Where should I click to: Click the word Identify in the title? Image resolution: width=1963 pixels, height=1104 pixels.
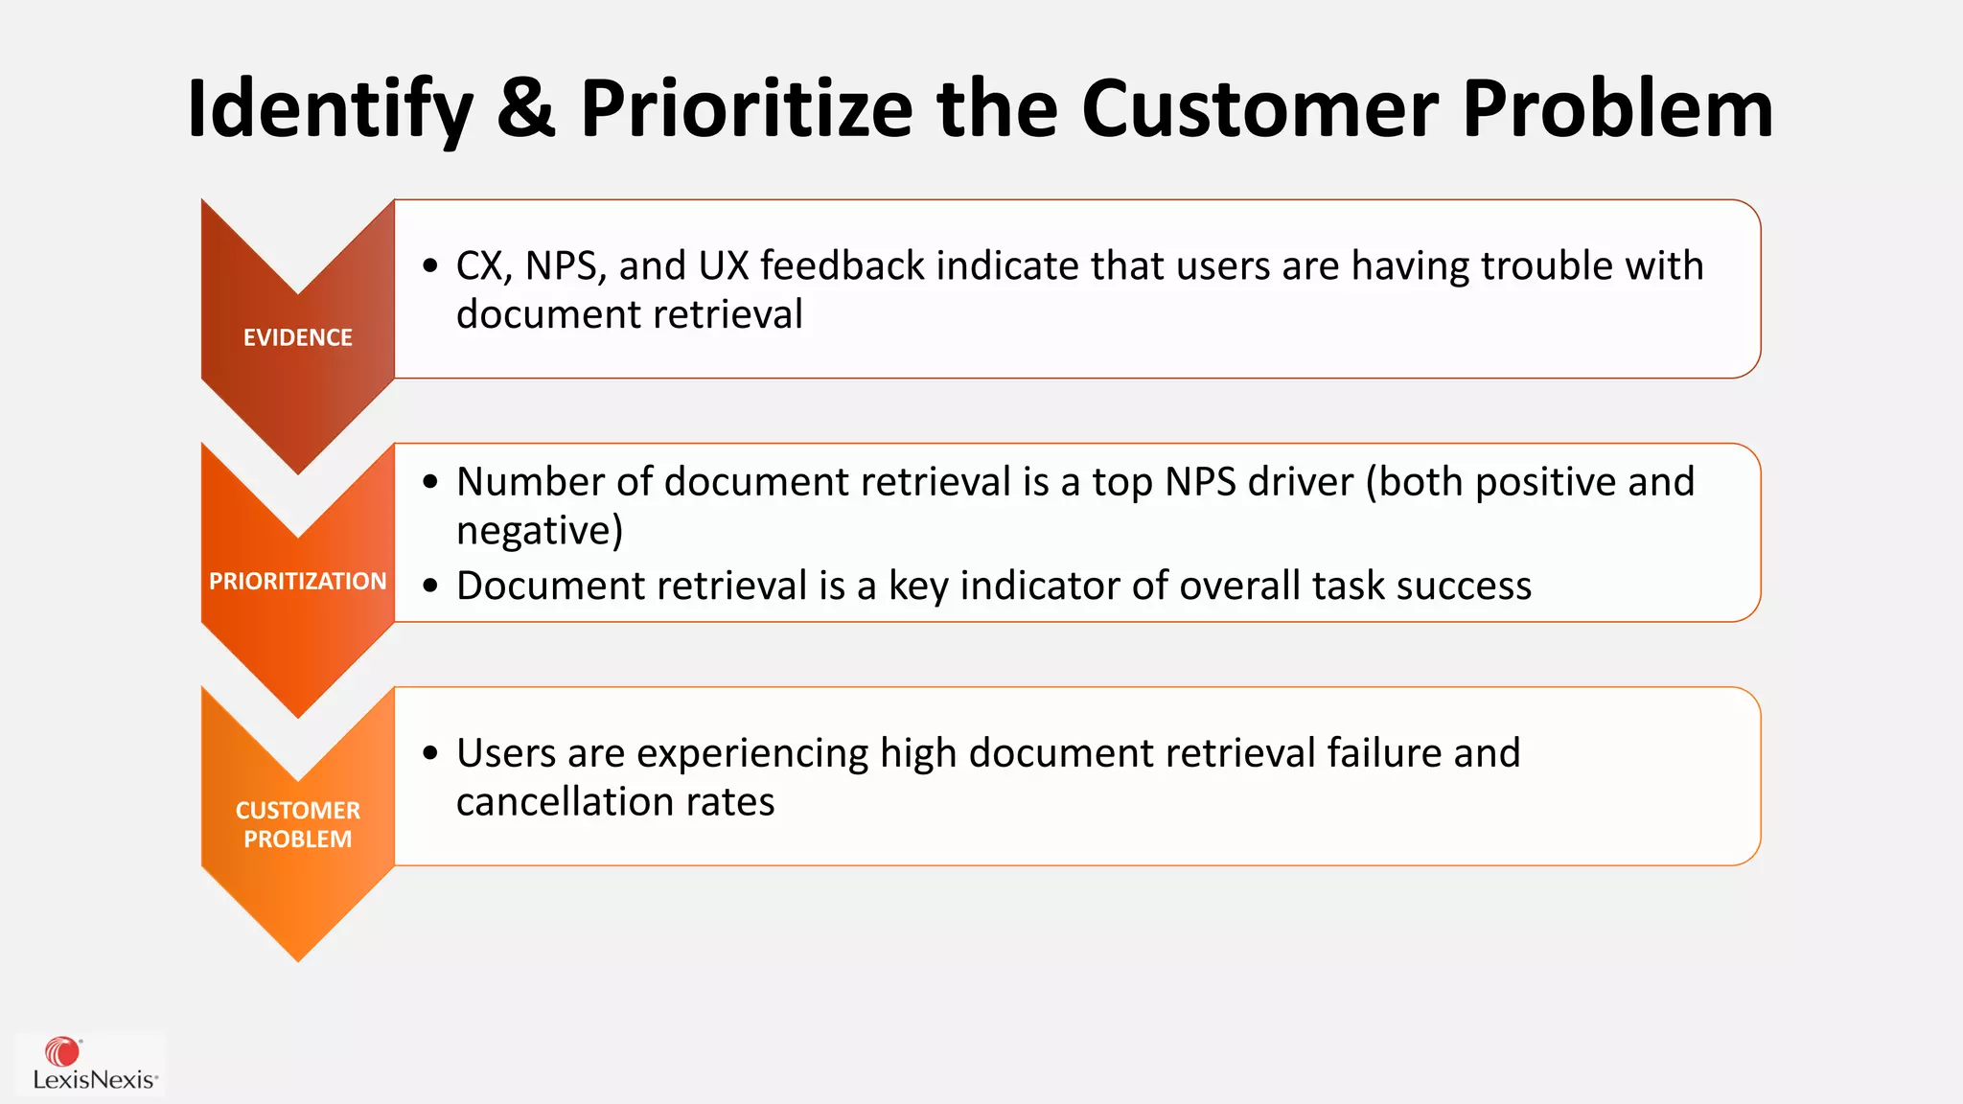330,110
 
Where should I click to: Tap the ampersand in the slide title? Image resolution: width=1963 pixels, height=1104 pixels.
526,108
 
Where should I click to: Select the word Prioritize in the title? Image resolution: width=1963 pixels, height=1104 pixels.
747,110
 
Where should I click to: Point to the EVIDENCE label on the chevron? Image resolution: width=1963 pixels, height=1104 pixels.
297,337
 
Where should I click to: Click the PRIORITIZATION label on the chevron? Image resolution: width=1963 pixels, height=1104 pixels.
297,581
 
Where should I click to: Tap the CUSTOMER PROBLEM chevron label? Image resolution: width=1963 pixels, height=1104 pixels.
297,824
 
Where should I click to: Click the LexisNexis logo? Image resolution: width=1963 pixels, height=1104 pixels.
92,1064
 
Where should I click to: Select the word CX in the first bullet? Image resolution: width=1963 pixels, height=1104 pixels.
479,266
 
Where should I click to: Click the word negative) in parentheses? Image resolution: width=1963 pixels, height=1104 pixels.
540,531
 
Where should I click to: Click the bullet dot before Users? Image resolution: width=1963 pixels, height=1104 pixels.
430,753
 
